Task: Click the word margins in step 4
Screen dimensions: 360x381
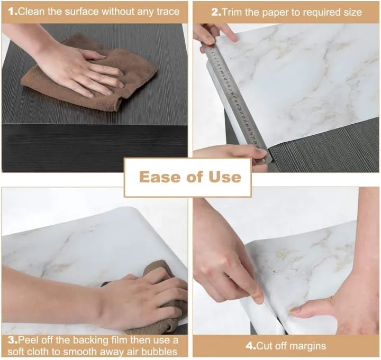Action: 307,346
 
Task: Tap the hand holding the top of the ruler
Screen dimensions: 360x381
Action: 212,34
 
